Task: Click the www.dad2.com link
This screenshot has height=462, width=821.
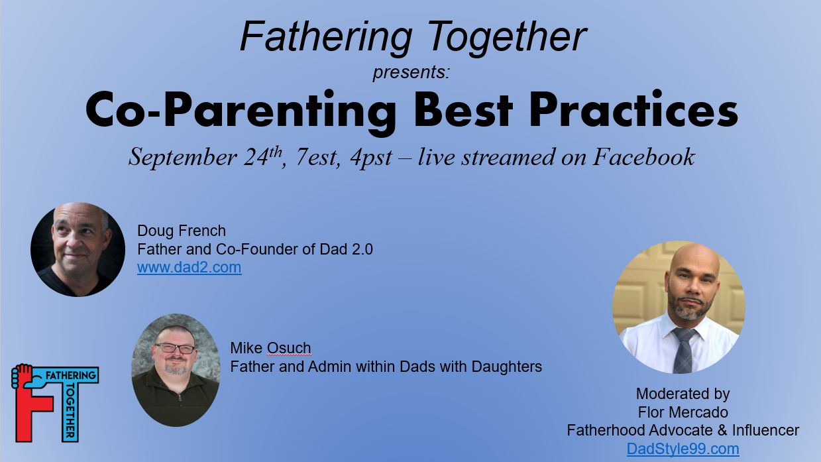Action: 189,268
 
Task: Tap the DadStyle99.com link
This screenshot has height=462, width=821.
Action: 683,449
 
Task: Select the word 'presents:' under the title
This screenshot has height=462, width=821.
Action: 411,72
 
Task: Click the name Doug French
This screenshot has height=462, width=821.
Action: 181,231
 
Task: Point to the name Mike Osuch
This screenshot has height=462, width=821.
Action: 270,348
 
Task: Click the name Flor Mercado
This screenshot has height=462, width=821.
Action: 683,412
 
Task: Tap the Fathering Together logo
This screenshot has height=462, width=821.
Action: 54,402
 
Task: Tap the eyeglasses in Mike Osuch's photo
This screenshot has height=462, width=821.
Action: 174,348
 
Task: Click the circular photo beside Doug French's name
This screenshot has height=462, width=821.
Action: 78,249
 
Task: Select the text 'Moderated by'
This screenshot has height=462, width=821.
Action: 683,394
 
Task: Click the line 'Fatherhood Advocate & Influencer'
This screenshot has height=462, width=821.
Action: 683,430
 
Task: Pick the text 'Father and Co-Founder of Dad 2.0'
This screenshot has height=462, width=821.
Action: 254,249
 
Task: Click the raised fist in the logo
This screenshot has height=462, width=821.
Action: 23,375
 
